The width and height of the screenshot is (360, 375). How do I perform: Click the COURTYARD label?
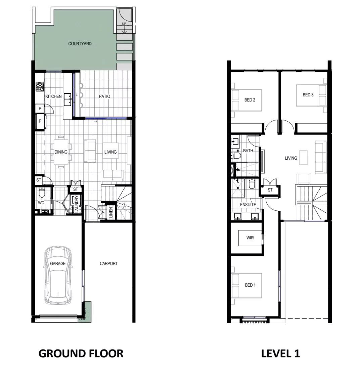80,44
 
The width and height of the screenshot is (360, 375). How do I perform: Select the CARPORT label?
109,263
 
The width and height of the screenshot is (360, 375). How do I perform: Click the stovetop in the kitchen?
40,86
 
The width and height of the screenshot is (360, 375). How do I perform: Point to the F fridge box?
40,121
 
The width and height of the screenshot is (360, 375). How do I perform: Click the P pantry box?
40,109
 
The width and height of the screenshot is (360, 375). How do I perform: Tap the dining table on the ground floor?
61,152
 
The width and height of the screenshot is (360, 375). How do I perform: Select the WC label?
41,203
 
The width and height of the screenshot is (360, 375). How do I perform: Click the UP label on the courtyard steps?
124,24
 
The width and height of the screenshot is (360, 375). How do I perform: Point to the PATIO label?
105,96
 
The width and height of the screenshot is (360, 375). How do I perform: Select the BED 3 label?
308,95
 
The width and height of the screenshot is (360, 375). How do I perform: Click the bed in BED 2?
247,100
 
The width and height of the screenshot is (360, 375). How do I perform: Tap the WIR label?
250,238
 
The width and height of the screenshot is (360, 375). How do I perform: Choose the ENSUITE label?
248,205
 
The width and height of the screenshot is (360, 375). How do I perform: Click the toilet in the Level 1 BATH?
236,156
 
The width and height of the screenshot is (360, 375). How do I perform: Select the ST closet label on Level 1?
270,190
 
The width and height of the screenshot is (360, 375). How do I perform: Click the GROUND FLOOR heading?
81,353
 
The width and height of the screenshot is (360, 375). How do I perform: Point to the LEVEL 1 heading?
280,353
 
